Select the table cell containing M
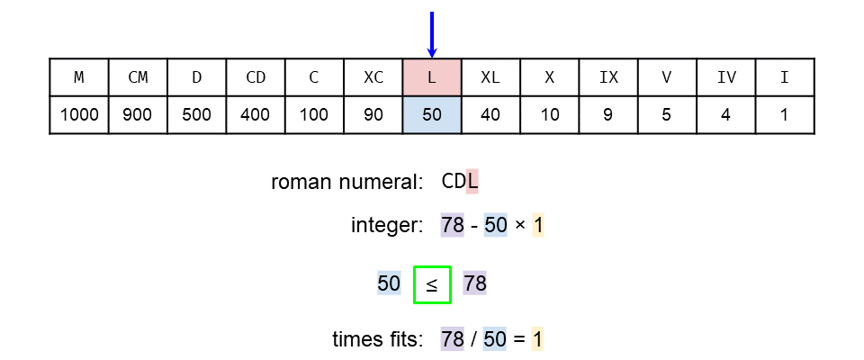pyautogui.click(x=79, y=77)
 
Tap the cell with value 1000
pyautogui.click(x=79, y=115)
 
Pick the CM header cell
pyautogui.click(x=138, y=77)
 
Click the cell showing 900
pyautogui.click(x=138, y=115)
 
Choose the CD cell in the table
pyautogui.click(x=256, y=77)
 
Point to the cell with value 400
pyautogui.click(x=256, y=115)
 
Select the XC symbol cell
pyautogui.click(x=373, y=77)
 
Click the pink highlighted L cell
pyautogui.click(x=432, y=77)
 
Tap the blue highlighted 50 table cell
pyautogui.click(x=432, y=115)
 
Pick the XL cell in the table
pyautogui.click(x=490, y=77)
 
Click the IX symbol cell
pyautogui.click(x=608, y=77)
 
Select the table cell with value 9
pyautogui.click(x=608, y=115)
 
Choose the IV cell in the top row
pyautogui.click(x=726, y=77)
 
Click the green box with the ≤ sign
pyautogui.click(x=432, y=284)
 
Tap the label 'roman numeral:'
pyautogui.click(x=347, y=182)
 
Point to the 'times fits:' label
pyautogui.click(x=378, y=339)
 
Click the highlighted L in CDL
pyautogui.click(x=472, y=182)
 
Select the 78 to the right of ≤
pyautogui.click(x=475, y=284)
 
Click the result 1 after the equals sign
pyautogui.click(x=538, y=339)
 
